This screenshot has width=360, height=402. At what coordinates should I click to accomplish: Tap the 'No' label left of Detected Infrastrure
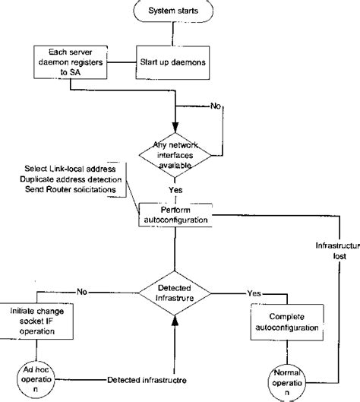coord(83,290)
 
